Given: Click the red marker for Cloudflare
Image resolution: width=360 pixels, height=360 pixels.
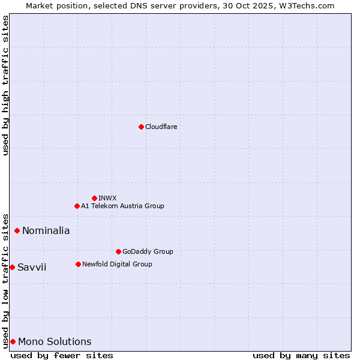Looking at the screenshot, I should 141,127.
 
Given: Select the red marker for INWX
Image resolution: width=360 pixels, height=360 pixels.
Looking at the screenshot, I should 94,198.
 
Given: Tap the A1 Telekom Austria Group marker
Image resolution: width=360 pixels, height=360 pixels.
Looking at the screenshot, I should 77,206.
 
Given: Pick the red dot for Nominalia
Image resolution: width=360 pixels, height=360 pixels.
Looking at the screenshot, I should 17,230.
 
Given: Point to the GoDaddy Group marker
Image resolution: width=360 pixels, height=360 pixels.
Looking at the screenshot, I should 118,251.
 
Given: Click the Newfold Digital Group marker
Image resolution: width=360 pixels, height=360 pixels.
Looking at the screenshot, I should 78,264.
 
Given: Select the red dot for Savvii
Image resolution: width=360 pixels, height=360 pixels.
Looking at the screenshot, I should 12,267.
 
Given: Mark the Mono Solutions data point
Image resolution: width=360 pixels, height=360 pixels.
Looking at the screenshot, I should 13,341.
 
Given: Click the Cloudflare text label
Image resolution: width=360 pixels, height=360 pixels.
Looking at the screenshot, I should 161,127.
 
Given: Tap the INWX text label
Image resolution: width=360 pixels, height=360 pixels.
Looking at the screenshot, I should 107,198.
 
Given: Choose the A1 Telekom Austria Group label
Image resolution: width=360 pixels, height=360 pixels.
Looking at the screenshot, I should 122,206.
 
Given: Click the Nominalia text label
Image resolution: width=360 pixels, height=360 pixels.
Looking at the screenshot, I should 46,230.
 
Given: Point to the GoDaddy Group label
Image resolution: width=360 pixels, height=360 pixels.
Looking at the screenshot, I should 147,251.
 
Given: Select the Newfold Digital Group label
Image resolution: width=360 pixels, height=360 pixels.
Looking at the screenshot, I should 117,264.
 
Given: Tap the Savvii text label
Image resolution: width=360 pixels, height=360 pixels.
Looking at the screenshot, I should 31,267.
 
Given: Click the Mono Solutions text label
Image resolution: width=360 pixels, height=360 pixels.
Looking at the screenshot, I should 55,341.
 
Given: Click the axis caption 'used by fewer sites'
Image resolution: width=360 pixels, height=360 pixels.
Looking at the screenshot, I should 62,355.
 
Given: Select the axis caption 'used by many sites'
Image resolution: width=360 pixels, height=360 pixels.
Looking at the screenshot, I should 301,355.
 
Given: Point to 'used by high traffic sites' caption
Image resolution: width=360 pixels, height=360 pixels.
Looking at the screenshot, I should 6,85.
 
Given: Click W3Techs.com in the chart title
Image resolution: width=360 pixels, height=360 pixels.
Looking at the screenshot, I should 305,5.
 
